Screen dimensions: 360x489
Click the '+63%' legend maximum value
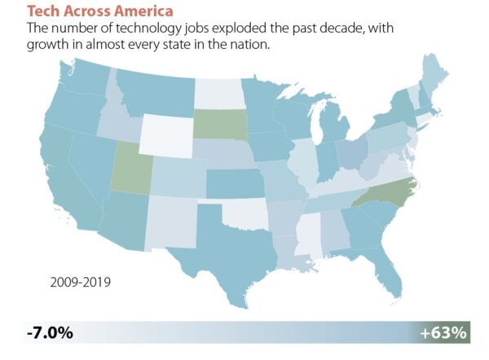(443, 332)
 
